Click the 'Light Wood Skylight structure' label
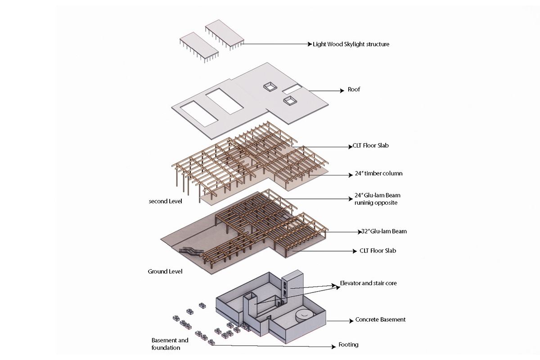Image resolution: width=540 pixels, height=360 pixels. [351, 45]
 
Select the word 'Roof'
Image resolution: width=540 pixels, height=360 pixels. [354, 90]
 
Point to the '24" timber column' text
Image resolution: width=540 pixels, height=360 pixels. [376, 174]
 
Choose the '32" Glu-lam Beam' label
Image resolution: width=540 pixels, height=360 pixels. [384, 231]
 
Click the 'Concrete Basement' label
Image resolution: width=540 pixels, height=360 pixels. [380, 319]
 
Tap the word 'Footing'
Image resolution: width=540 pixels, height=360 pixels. [348, 345]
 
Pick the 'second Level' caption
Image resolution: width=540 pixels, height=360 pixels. [165, 201]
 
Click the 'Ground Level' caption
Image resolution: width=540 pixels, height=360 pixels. [165, 271]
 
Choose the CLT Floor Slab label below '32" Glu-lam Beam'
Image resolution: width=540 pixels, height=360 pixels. [378, 251]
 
